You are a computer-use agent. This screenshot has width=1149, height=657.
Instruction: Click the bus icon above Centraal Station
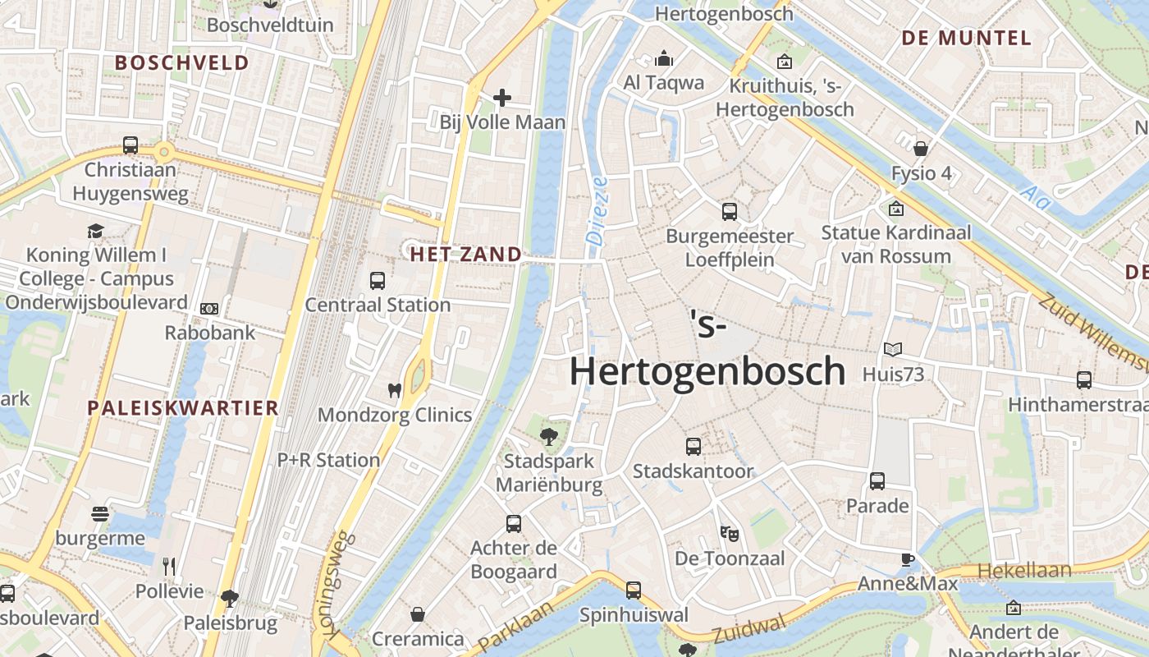click(x=377, y=281)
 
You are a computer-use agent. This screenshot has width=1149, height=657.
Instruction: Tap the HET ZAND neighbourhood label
click(x=465, y=255)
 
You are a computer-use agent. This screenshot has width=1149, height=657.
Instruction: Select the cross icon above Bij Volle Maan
click(x=502, y=99)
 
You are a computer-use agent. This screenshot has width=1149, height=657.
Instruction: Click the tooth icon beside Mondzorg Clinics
click(x=395, y=391)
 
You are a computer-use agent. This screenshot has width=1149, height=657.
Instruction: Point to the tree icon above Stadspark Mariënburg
click(x=549, y=437)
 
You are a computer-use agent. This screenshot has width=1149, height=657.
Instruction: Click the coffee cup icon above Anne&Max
click(x=907, y=560)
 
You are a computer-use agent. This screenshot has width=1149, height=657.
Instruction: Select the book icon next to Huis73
click(x=893, y=350)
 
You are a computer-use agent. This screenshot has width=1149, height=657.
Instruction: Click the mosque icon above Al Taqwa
click(x=664, y=58)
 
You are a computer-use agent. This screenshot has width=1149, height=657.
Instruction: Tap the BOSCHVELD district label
click(x=181, y=62)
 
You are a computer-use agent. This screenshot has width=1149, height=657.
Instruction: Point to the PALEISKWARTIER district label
click(x=183, y=408)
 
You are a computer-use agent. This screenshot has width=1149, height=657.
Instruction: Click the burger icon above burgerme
click(x=100, y=515)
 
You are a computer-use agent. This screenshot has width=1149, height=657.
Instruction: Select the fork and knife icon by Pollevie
click(x=169, y=566)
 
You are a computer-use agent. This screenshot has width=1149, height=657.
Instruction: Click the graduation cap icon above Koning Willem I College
click(x=96, y=231)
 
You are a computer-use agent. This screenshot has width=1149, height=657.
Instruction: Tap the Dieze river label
click(x=597, y=210)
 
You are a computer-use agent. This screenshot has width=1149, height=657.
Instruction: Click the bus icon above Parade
click(x=877, y=481)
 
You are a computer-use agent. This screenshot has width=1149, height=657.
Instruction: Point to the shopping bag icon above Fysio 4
click(x=922, y=149)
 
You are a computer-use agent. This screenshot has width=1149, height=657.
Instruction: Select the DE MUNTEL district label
click(x=966, y=38)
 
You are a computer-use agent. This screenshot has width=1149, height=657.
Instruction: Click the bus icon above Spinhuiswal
click(x=633, y=590)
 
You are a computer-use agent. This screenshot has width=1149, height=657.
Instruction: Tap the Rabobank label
click(x=210, y=333)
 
